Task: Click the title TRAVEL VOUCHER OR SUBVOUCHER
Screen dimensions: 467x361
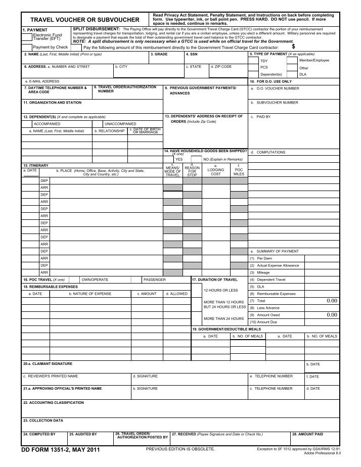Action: [x=85, y=20]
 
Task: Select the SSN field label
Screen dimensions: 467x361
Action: [x=194, y=54]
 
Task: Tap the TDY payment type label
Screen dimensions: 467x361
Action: [x=264, y=61]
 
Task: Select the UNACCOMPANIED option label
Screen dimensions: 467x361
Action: [x=120, y=123]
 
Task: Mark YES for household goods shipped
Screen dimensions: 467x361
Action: [x=179, y=159]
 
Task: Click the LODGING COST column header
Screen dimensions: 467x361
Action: [x=215, y=170]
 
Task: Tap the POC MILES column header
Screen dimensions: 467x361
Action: [x=239, y=170]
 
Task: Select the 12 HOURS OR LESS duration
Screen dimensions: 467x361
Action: [x=220, y=291]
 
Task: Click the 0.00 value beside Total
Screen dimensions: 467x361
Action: [x=332, y=301]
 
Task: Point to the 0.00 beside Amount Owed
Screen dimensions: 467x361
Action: [x=332, y=315]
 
